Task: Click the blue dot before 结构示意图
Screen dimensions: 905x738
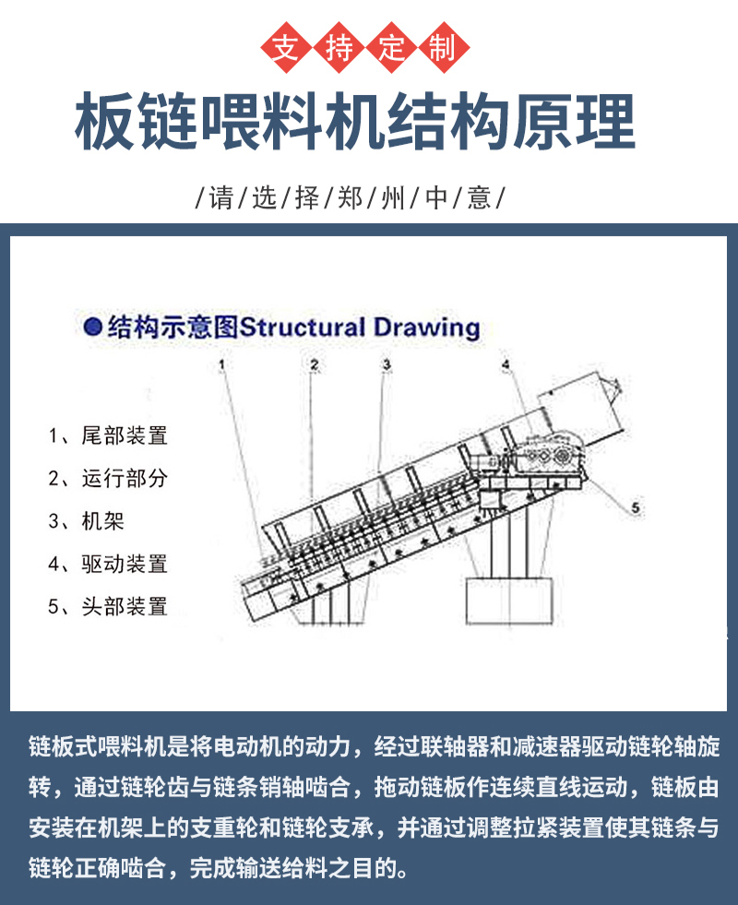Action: tap(91, 326)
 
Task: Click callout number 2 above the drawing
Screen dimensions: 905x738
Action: tap(314, 364)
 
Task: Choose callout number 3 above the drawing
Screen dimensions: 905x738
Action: tap(387, 364)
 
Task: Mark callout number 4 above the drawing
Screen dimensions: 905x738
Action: tap(506, 365)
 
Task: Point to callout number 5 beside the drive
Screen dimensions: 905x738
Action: tap(635, 506)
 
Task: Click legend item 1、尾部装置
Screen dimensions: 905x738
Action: tap(108, 435)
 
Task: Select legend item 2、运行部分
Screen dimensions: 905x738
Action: tap(108, 478)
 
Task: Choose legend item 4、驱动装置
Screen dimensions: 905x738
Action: tap(108, 564)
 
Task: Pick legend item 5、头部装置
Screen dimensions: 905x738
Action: tap(108, 606)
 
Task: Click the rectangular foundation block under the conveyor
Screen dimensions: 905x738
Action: tap(510, 602)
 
